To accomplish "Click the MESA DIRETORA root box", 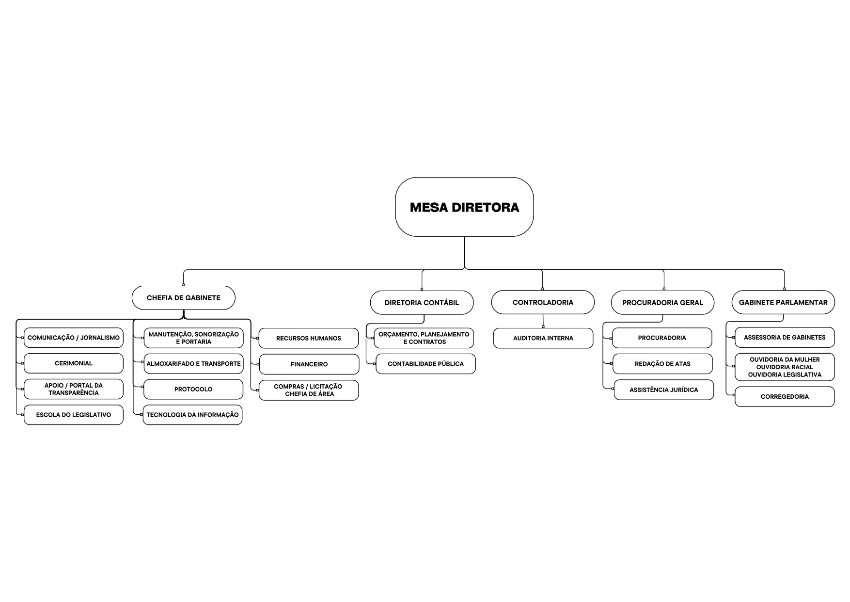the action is tap(464, 207).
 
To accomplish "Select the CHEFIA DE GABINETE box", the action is tap(184, 298).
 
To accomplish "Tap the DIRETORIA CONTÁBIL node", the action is tap(422, 303).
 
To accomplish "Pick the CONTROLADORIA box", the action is tap(543, 302).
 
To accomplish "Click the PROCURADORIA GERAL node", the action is tap(662, 303).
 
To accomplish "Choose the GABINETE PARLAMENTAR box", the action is tap(783, 302).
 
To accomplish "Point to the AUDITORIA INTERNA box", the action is tap(543, 338).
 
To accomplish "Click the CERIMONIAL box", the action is tap(74, 363).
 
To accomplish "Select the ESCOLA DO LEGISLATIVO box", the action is tap(74, 415).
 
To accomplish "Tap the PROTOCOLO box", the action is tap(193, 389).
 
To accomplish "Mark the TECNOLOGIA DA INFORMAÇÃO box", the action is tap(192, 415).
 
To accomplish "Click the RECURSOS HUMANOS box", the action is tap(309, 338).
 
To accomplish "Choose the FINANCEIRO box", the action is tap(309, 364).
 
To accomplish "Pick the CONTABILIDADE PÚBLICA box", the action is tap(425, 364).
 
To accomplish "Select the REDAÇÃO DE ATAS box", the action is tap(662, 364).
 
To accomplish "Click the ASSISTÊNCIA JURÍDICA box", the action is tap(664, 390).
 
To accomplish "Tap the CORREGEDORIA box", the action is tap(785, 397).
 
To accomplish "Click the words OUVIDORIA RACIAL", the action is tap(785, 367).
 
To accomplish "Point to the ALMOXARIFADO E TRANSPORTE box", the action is tap(193, 363).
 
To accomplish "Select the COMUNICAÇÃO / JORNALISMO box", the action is tap(74, 338).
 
